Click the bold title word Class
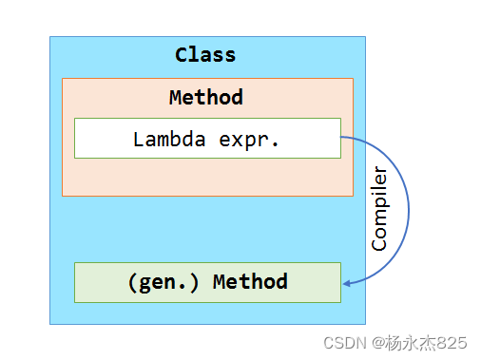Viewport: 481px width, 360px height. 205,54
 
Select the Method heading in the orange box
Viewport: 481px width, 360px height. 205,97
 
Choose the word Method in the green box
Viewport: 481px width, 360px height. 250,282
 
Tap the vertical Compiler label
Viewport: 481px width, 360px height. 379,208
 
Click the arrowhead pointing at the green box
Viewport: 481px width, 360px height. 346,282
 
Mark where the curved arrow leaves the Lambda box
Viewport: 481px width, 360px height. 342,139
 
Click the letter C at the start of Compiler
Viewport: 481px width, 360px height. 379,244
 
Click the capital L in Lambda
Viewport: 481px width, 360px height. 139,139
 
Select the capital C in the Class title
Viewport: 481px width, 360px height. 182,54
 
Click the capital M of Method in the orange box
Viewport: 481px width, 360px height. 176,97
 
